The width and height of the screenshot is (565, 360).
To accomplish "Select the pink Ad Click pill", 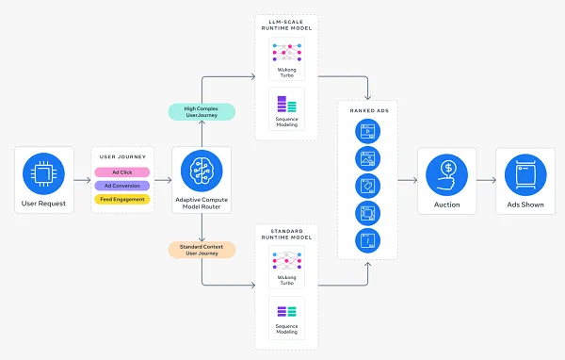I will (x=121, y=172).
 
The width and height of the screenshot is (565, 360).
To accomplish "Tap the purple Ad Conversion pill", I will (x=121, y=186).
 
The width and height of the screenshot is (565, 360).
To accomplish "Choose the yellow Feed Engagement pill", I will (x=121, y=199).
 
